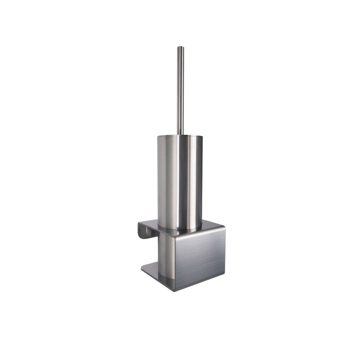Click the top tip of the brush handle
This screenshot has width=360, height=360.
click(180, 47)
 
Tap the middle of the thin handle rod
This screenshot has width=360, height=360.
click(180, 90)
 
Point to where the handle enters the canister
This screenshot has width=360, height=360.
click(180, 134)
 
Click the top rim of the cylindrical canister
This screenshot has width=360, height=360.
click(180, 135)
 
